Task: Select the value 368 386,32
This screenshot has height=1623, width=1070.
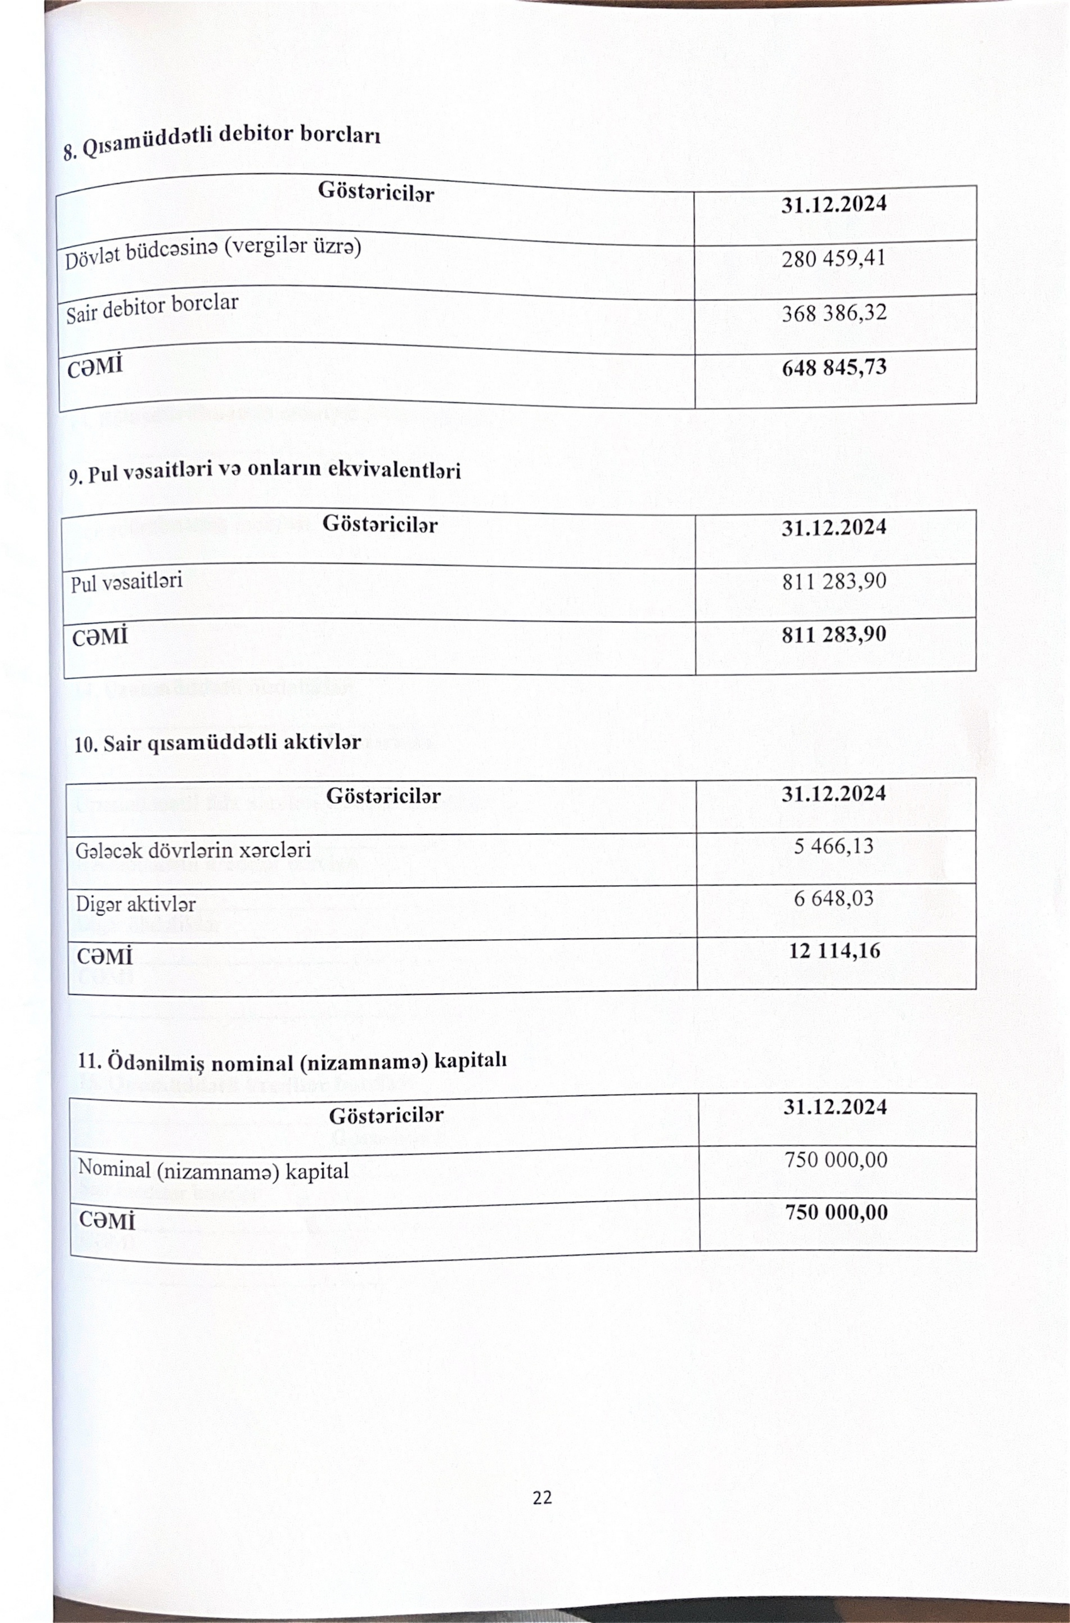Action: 834,313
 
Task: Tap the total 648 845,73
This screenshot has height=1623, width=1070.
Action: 834,368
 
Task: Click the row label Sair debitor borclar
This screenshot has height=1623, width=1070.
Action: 152,308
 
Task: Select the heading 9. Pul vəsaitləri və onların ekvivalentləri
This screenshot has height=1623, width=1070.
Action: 265,471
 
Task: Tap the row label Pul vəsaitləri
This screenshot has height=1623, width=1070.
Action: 127,582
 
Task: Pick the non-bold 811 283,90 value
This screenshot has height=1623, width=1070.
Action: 834,581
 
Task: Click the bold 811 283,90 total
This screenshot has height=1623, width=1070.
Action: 834,634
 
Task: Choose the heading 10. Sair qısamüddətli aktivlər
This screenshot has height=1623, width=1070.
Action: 217,743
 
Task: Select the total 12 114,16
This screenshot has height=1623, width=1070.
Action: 834,950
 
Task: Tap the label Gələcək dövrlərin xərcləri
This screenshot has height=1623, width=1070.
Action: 193,850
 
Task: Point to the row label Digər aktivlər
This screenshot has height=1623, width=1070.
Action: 136,905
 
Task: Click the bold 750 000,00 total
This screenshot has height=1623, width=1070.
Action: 836,1212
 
